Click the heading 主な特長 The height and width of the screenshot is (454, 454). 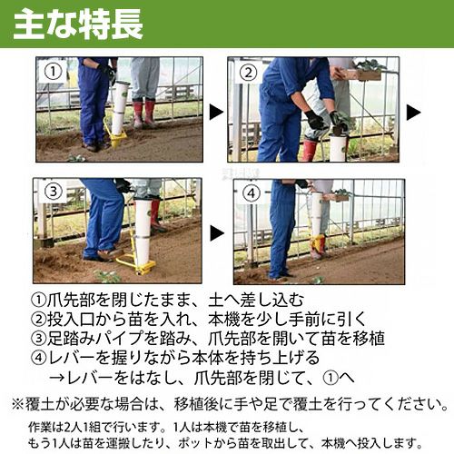pyautogui.click(x=78, y=25)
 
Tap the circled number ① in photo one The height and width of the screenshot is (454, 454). pyautogui.click(x=53, y=72)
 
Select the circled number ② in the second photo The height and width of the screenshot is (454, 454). pyautogui.click(x=248, y=73)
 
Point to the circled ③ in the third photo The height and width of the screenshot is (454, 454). pyautogui.click(x=54, y=192)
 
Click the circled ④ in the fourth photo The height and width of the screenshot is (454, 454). pyautogui.click(x=252, y=193)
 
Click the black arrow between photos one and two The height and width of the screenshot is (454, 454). pyautogui.click(x=216, y=113)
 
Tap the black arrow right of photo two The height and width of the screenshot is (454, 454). pyautogui.click(x=413, y=113)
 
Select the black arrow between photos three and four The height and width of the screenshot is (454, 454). pyautogui.click(x=217, y=233)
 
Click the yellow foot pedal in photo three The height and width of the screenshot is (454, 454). pyautogui.click(x=136, y=263)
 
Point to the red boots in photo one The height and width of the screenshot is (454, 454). pyautogui.click(x=144, y=113)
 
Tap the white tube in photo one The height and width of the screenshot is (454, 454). pyautogui.click(x=120, y=108)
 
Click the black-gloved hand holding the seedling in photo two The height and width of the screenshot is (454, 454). pyautogui.click(x=314, y=121)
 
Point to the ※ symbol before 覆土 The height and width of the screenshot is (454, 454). pyautogui.click(x=17, y=405)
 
